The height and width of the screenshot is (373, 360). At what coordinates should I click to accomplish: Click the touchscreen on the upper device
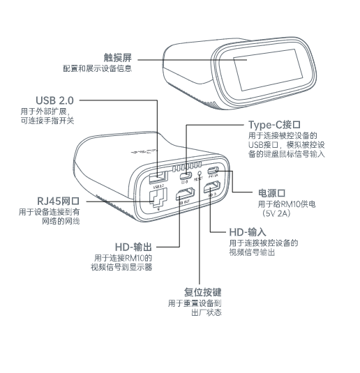tap(269, 72)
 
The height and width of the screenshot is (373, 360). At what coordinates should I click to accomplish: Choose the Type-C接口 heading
tap(276, 124)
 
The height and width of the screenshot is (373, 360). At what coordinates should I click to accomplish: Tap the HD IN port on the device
tap(213, 187)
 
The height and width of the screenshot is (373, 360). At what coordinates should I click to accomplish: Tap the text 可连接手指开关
tap(47, 121)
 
